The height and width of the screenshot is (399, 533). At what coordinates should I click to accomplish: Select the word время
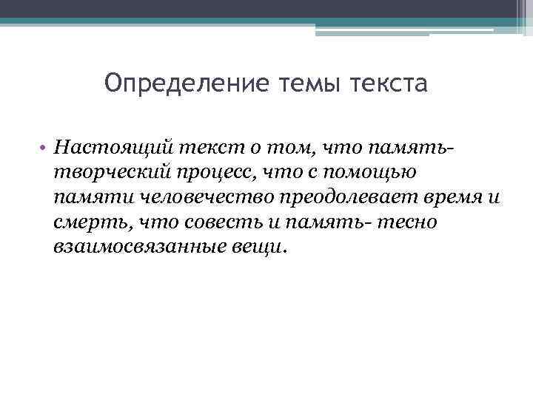coord(452,197)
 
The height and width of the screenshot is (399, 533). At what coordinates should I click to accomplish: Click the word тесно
coord(408,222)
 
